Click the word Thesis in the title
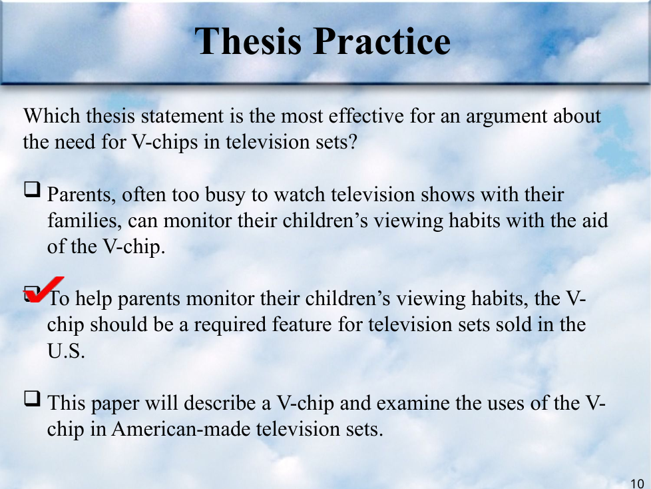[x=248, y=41]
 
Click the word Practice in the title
[x=381, y=41]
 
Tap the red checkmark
[x=43, y=290]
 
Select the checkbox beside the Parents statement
[x=33, y=189]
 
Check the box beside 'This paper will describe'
[x=33, y=398]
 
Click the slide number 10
[x=637, y=484]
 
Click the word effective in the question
[x=366, y=115]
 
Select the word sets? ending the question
[x=336, y=142]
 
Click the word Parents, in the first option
[x=81, y=195]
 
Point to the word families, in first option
[x=85, y=221]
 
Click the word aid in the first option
[x=594, y=221]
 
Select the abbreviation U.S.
[x=66, y=351]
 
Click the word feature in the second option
[x=302, y=325]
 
